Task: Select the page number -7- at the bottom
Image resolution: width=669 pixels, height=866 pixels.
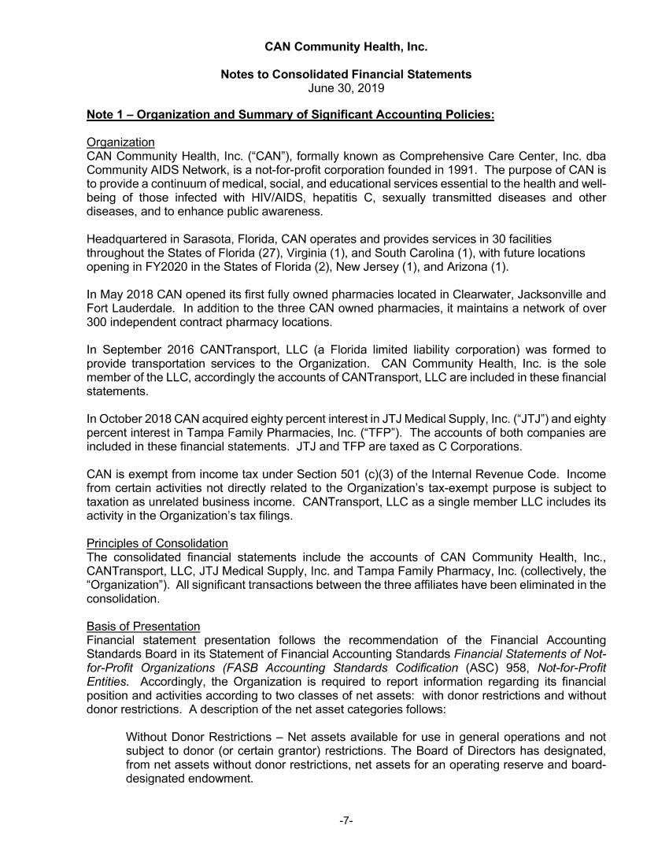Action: (x=346, y=820)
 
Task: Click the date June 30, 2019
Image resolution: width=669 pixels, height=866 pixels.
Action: (x=346, y=88)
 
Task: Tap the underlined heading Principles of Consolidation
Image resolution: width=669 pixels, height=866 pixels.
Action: (x=157, y=543)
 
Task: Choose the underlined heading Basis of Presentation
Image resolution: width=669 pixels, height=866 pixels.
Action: (x=143, y=626)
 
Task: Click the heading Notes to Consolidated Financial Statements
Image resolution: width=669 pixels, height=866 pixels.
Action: (x=346, y=74)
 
